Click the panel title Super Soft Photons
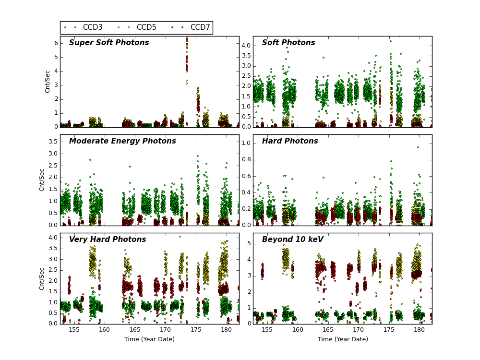click(109, 43)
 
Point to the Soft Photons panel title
click(288, 43)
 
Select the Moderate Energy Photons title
click(122, 142)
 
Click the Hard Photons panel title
click(290, 142)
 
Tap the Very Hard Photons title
click(108, 240)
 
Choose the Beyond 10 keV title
click(293, 240)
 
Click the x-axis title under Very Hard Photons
click(149, 339)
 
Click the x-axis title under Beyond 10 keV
click(343, 339)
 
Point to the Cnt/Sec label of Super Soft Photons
click(48, 82)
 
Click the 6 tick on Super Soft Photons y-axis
click(56, 43)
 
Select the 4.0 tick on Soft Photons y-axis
click(245, 46)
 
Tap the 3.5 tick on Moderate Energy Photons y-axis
click(52, 142)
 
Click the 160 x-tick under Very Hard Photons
click(104, 330)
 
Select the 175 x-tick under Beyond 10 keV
click(388, 330)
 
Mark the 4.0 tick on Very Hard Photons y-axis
click(52, 238)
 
